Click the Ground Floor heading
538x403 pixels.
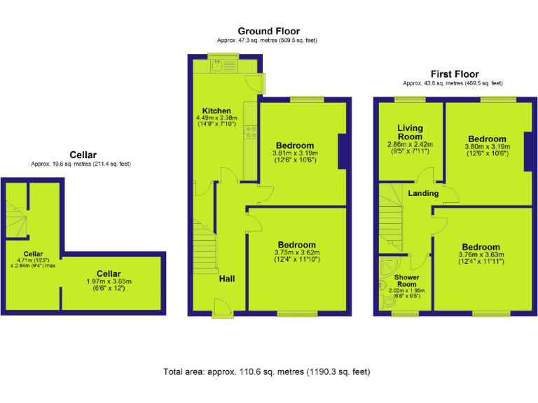coord(268,31)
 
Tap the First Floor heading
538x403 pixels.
coord(455,73)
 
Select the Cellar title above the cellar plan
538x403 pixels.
coord(82,155)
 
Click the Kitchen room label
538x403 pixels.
coord(216,111)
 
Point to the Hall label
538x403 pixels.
coord(227,278)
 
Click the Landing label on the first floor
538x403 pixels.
coord(423,193)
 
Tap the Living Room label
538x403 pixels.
coord(411,132)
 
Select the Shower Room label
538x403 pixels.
coord(406,281)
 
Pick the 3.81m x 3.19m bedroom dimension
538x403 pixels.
coord(295,153)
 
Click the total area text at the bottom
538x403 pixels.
coord(266,372)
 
